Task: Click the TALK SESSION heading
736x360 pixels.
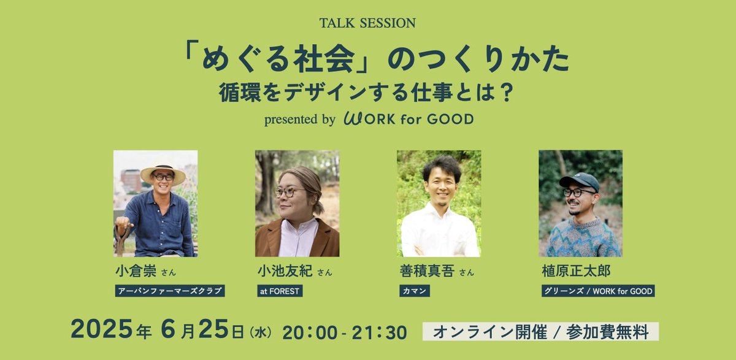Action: pyautogui.click(x=367, y=23)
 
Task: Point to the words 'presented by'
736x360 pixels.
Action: pyautogui.click(x=299, y=119)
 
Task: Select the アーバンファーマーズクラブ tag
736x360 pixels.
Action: pyautogui.click(x=170, y=291)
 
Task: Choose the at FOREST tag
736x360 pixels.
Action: pyautogui.click(x=280, y=291)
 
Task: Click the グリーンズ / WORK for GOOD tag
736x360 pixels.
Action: pyautogui.click(x=598, y=291)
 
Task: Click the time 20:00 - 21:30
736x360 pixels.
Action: pyautogui.click(x=345, y=332)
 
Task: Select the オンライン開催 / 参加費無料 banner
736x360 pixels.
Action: pyautogui.click(x=540, y=332)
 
